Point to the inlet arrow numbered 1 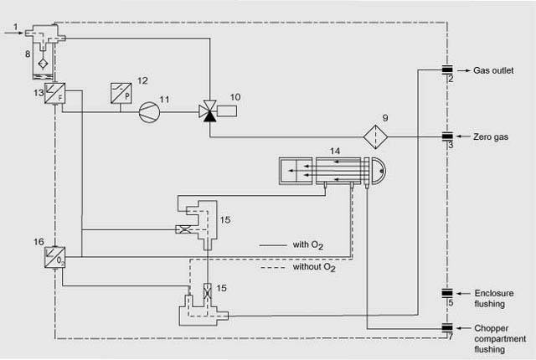click(16, 30)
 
